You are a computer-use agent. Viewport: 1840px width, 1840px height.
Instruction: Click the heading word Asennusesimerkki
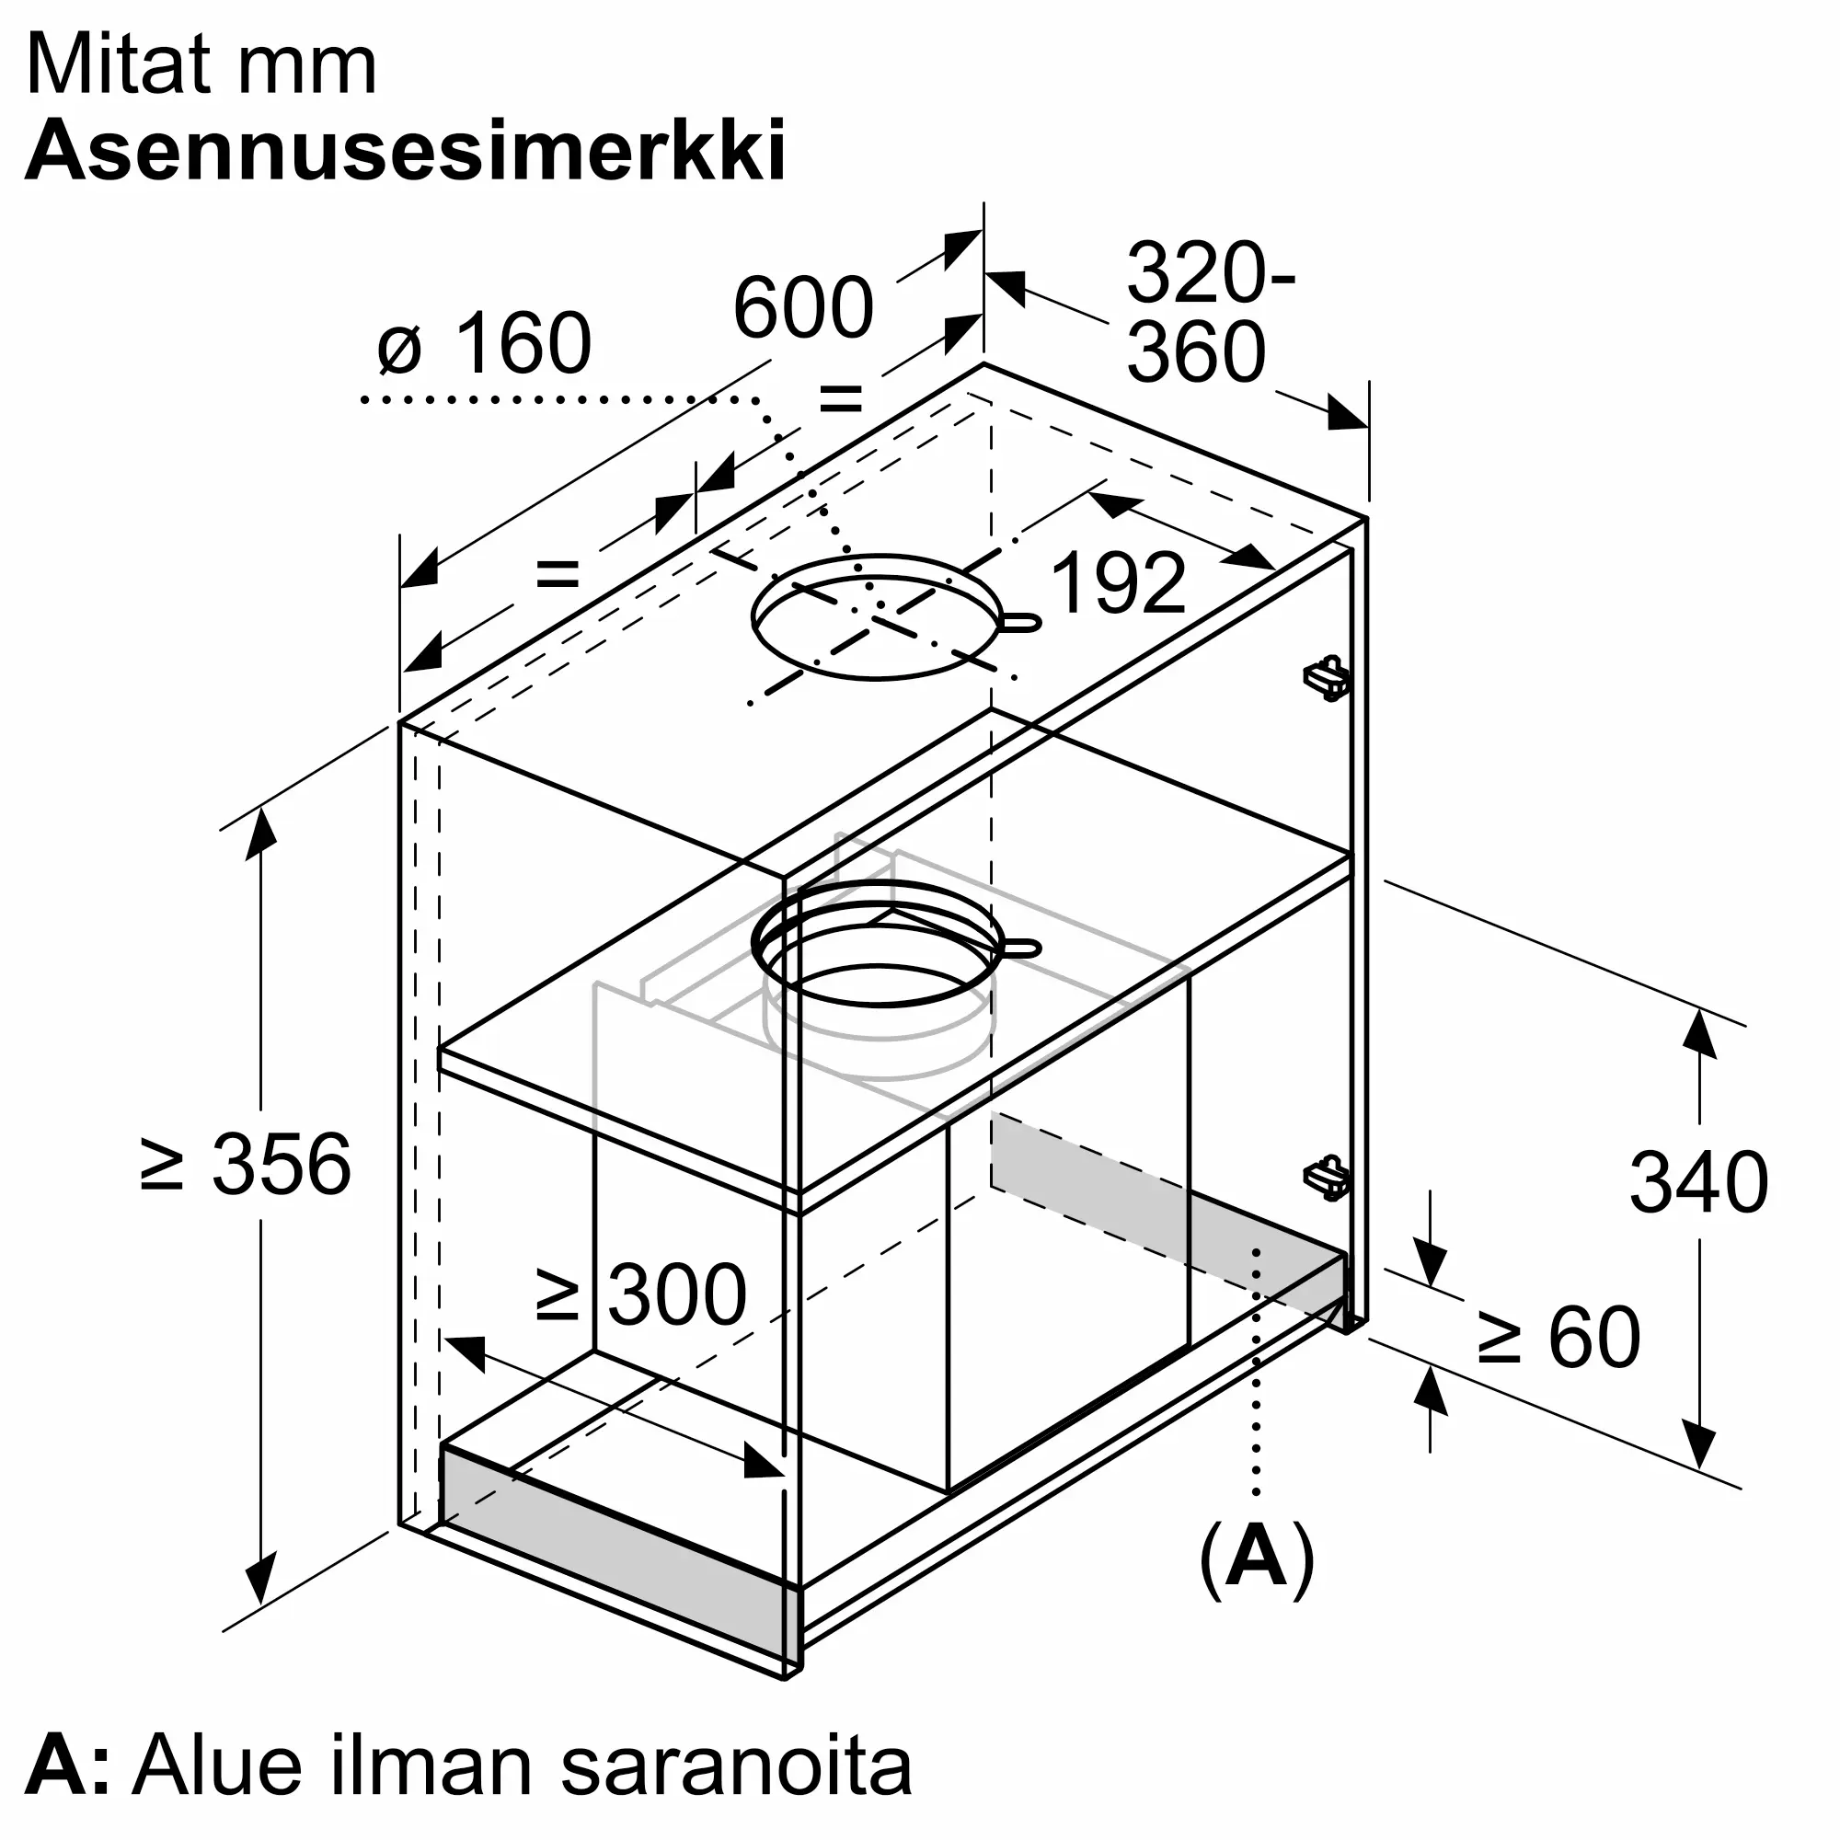tap(406, 151)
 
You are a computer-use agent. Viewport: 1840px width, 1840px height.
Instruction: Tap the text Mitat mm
tap(201, 64)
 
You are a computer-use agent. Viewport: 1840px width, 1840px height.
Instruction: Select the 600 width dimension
tap(803, 307)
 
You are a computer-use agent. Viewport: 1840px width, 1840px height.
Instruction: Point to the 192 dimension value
tap(1118, 583)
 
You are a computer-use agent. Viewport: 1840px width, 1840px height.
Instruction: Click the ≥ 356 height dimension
tap(246, 1164)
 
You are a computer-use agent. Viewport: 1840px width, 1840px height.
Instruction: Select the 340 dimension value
tap(1698, 1182)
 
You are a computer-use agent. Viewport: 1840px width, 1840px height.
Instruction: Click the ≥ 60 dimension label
tap(1559, 1337)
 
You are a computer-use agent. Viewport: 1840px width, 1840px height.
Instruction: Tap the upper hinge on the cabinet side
tap(1327, 677)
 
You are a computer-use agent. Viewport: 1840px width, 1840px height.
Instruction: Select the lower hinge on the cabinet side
tap(1327, 1179)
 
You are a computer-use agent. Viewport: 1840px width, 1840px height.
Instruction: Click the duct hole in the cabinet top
tap(876, 616)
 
